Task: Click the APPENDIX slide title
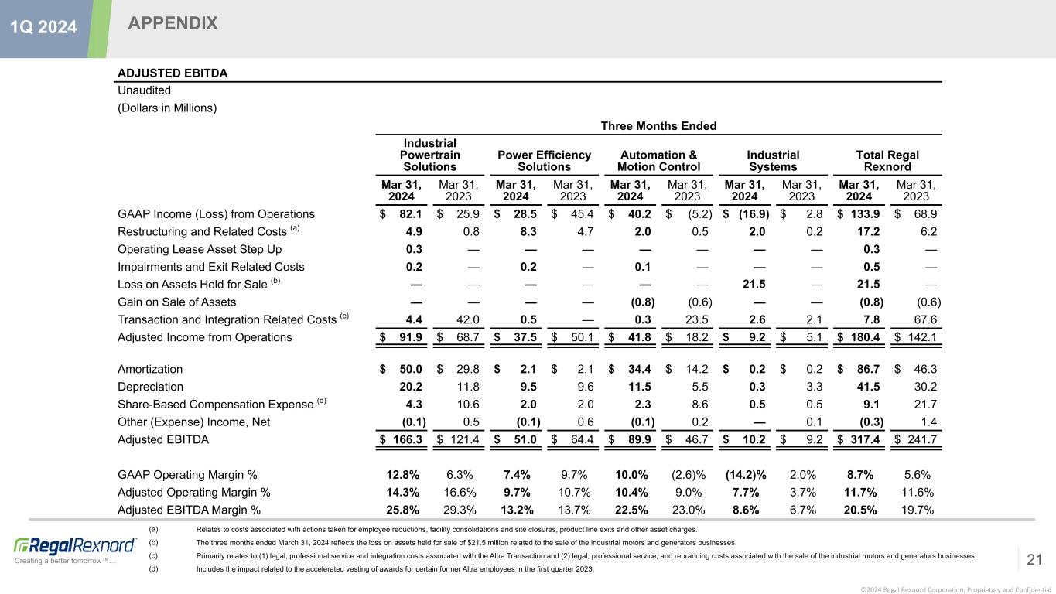coord(173,24)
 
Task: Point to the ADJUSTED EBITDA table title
coord(172,73)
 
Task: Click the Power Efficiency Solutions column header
coord(544,161)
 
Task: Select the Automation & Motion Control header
coord(658,161)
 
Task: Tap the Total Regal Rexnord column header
coord(887,161)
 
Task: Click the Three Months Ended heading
coord(658,126)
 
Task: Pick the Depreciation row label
coord(150,387)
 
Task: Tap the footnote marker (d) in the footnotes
coord(153,569)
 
